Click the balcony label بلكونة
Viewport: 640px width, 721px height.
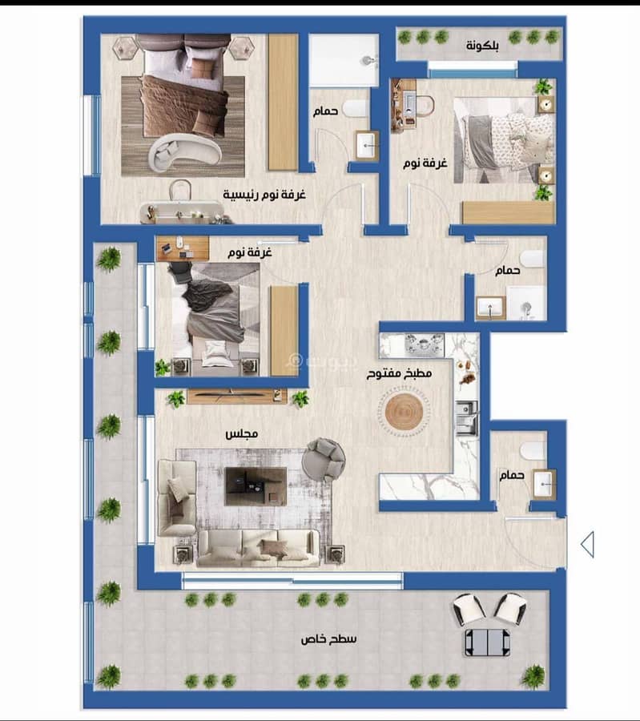click(482, 46)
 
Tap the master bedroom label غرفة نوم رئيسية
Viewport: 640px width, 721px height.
click(264, 194)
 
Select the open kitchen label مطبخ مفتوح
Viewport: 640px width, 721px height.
click(399, 373)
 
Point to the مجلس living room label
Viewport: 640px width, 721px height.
click(241, 433)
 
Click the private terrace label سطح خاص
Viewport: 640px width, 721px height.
click(328, 638)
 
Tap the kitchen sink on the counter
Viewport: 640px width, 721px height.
click(466, 418)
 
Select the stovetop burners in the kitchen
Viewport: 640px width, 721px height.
click(425, 344)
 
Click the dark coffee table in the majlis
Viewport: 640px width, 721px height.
click(256, 486)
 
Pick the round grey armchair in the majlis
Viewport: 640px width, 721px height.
click(324, 459)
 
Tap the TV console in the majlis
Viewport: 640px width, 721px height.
click(237, 397)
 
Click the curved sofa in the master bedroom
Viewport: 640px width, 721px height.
click(185, 151)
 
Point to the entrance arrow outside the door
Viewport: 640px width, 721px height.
click(587, 545)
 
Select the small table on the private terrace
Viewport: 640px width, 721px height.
click(487, 642)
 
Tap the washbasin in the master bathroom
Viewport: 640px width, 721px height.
click(368, 146)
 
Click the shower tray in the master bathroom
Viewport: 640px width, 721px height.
click(344, 60)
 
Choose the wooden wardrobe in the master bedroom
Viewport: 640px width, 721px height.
click(283, 102)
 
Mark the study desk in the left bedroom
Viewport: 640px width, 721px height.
click(183, 249)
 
